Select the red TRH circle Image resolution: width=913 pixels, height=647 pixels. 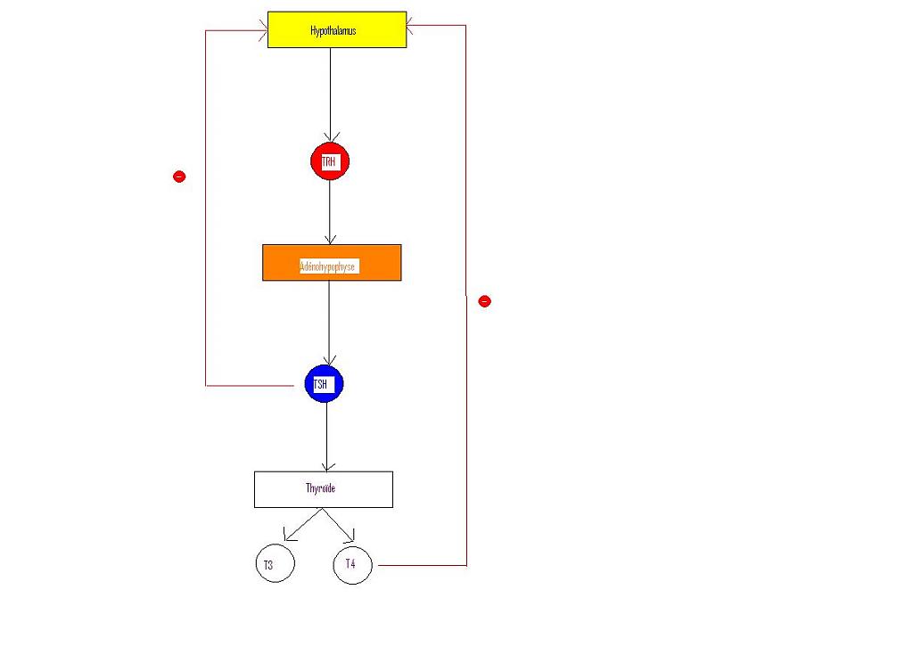(x=329, y=161)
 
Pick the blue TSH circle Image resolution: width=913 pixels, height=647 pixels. (x=324, y=384)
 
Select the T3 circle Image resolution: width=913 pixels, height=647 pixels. (x=275, y=564)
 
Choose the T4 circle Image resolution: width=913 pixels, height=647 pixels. (x=352, y=564)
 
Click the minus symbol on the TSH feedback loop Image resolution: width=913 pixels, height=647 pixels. (x=179, y=176)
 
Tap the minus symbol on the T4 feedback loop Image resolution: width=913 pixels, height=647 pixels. (x=484, y=301)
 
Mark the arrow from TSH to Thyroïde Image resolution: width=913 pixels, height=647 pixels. (x=326, y=437)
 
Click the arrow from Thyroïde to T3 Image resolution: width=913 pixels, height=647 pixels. (x=302, y=525)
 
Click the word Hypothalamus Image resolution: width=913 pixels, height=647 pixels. (x=333, y=31)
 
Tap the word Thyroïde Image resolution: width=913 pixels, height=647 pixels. (x=320, y=488)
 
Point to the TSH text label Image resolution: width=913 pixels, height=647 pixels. (x=320, y=384)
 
